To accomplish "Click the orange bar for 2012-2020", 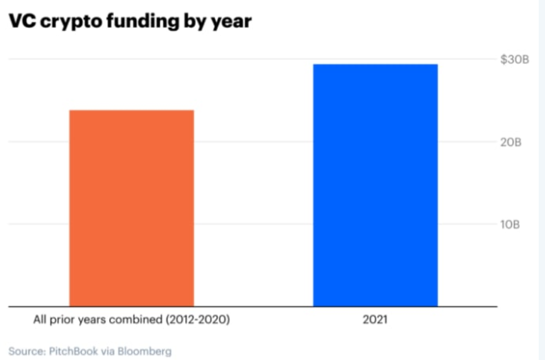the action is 132,208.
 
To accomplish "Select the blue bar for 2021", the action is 376,185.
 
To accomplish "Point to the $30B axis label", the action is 515,59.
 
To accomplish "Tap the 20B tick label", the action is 511,142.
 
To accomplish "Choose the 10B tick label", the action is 510,224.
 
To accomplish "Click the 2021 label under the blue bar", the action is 375,320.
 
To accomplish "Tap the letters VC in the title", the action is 22,21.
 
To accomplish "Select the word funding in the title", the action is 142,21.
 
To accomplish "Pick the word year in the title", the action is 231,23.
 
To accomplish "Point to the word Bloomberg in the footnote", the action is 144,351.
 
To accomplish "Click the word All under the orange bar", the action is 40,319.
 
